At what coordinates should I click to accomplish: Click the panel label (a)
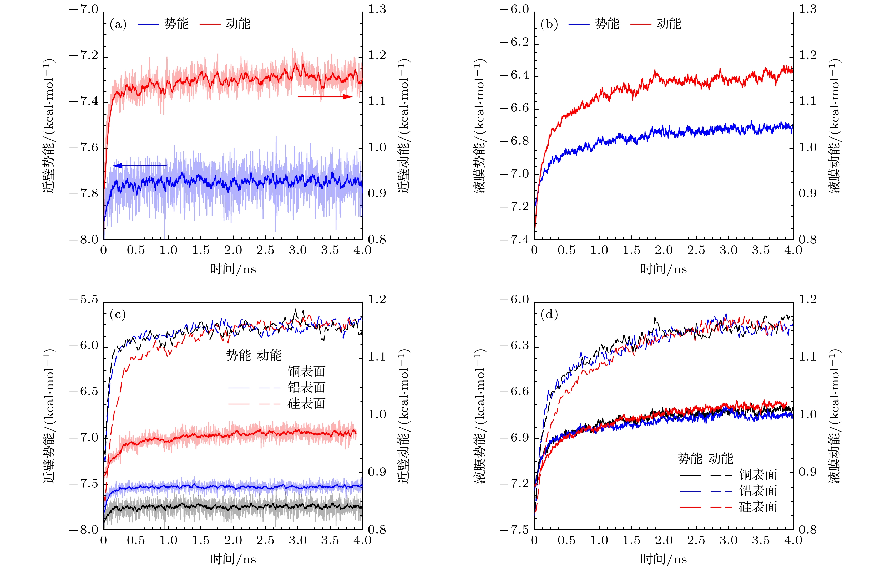[118, 24]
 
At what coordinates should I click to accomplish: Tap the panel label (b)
[549, 24]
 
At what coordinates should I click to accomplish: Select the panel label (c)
[118, 314]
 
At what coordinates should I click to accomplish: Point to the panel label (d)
[549, 314]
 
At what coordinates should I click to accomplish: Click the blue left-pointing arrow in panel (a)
[140, 166]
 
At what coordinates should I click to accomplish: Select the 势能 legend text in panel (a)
[176, 24]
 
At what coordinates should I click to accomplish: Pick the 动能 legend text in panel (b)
[669, 24]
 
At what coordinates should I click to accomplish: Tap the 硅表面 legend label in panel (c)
[306, 403]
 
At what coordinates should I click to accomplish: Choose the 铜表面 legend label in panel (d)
[758, 474]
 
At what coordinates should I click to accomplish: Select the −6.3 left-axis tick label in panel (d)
[514, 346]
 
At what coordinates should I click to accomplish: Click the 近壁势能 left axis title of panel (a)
[49, 126]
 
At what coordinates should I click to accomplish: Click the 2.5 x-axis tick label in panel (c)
[265, 540]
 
